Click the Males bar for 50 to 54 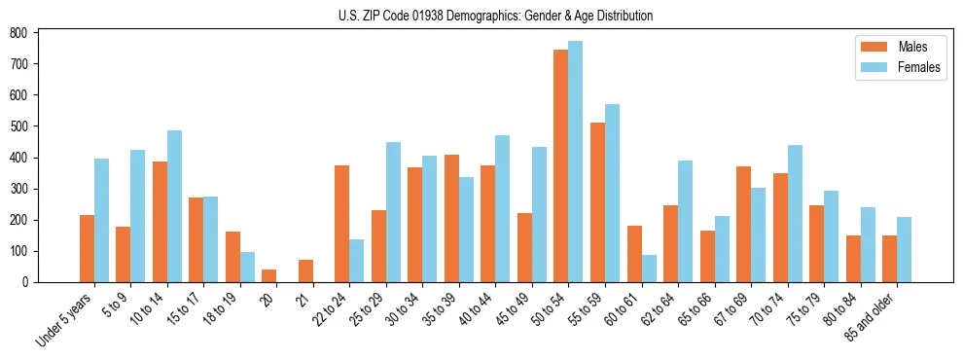560,165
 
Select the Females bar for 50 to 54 575,162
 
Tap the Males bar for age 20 268,275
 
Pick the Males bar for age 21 305,270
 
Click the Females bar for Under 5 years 101,220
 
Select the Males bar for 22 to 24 341,224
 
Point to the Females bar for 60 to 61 648,269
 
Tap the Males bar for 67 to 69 743,224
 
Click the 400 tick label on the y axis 18,158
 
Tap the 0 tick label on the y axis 26,282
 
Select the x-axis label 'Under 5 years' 65,319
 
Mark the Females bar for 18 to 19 247,268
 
